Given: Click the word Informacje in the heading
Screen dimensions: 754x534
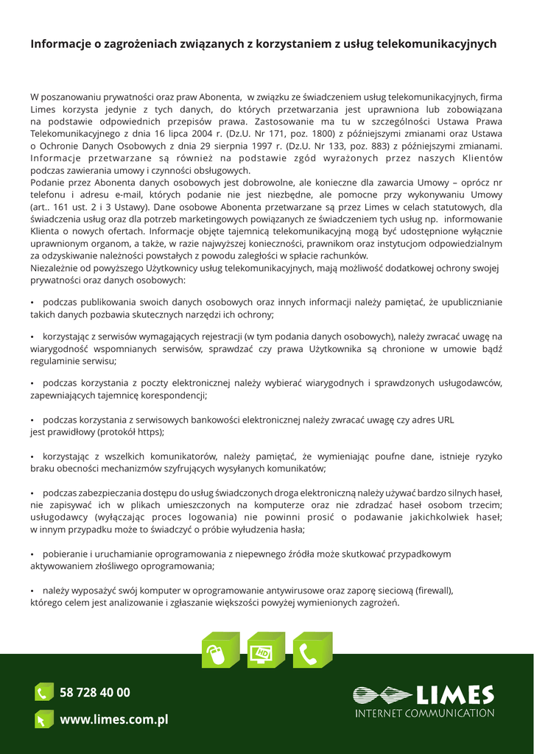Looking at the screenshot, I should click(x=61, y=44).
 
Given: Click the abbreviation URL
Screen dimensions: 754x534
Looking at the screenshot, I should click(x=446, y=420).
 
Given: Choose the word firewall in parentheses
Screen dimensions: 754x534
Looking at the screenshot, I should click(x=434, y=591).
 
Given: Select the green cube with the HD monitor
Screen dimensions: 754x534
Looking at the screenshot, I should click(x=265, y=650).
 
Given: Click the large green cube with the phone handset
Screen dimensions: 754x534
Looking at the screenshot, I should click(x=312, y=650).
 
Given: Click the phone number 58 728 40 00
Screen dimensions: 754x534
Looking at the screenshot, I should click(x=95, y=692).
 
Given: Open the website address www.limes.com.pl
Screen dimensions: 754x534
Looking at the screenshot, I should click(x=114, y=719).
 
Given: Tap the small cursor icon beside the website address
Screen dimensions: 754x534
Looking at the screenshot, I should click(x=43, y=719).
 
